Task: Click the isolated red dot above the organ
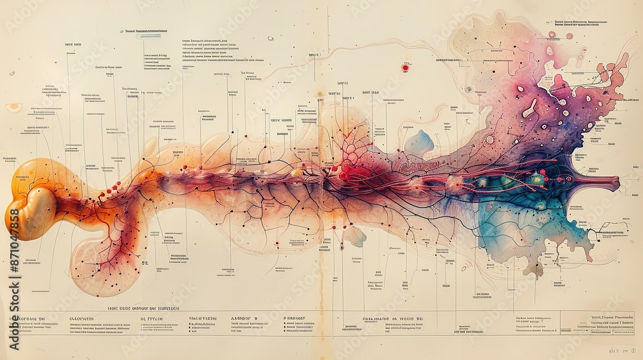[405, 67]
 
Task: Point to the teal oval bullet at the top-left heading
[122, 31]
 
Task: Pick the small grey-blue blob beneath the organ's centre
[354, 237]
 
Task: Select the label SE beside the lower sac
[145, 263]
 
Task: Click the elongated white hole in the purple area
[529, 108]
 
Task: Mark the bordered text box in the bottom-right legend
[601, 323]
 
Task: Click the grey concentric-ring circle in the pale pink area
[469, 89]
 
